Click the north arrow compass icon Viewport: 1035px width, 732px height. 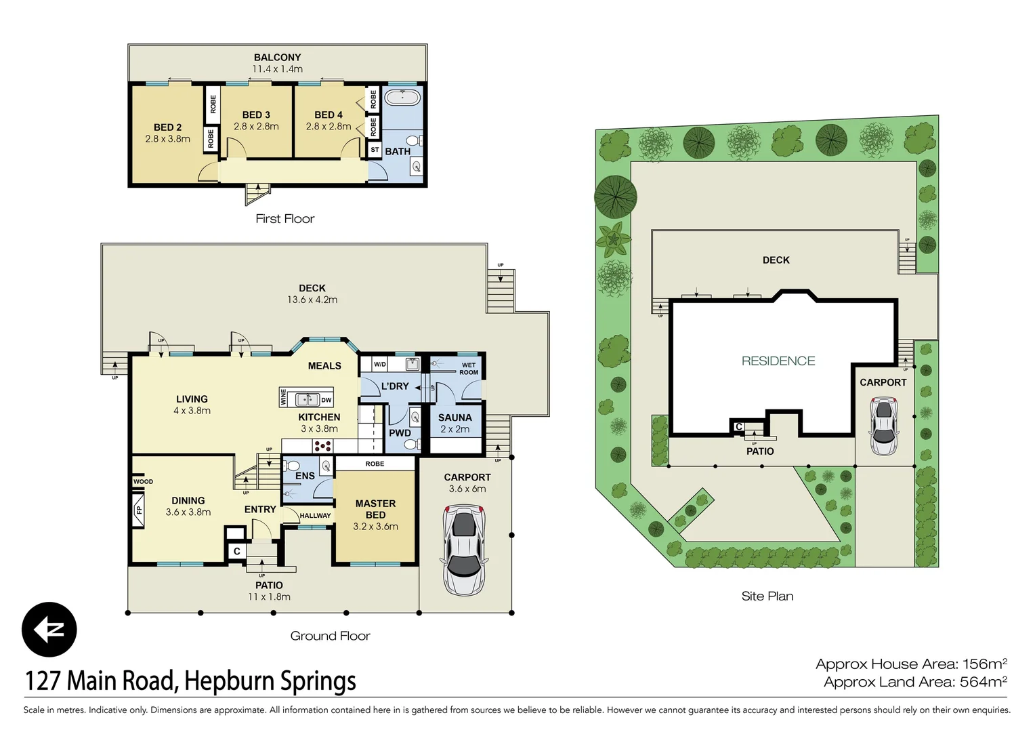click(49, 630)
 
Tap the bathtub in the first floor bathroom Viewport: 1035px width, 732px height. click(402, 98)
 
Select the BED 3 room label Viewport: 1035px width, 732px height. click(256, 115)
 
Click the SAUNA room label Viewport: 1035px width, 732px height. click(455, 418)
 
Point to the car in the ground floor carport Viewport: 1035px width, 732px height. click(465, 550)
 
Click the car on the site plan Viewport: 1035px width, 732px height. click(884, 426)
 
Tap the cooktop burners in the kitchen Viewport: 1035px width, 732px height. click(322, 446)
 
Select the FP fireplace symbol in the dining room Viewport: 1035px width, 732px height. click(138, 510)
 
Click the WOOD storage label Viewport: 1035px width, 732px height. click(143, 481)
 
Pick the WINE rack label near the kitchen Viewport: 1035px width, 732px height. click(283, 397)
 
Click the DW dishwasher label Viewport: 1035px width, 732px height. click(326, 400)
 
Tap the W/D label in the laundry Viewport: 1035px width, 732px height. click(380, 365)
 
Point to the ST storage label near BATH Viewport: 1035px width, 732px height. click(375, 150)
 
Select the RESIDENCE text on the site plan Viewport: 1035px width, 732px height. click(778, 361)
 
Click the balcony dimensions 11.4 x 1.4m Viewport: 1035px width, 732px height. click(277, 69)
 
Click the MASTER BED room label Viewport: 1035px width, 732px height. click(375, 509)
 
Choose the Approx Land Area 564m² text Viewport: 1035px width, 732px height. click(915, 682)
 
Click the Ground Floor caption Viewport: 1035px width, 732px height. click(330, 636)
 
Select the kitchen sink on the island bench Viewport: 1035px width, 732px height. click(308, 399)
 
